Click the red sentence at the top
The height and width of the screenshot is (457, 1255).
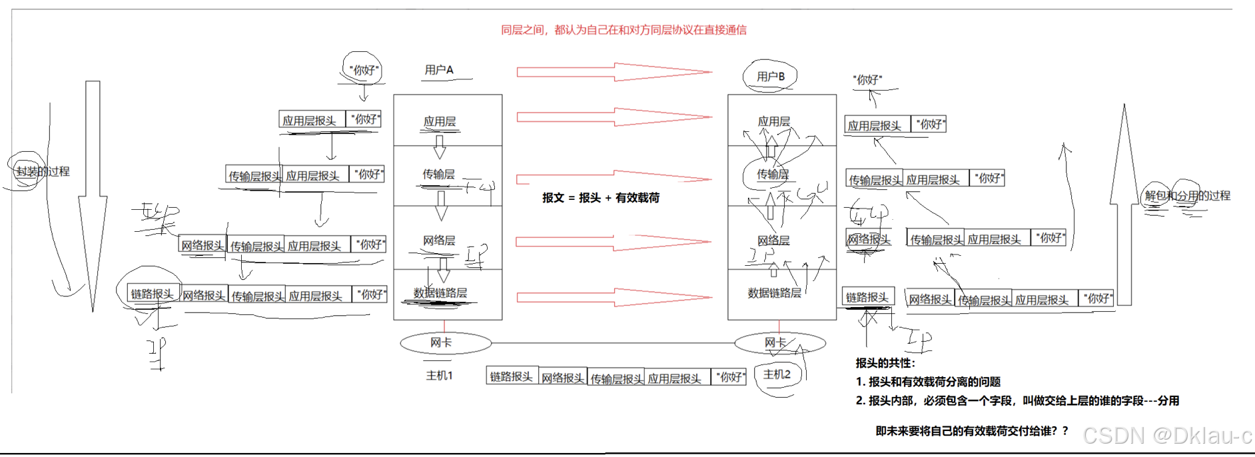click(x=624, y=30)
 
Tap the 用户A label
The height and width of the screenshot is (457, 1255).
click(x=439, y=70)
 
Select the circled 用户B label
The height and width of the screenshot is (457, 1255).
click(x=771, y=77)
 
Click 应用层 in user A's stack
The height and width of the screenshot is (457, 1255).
click(x=440, y=121)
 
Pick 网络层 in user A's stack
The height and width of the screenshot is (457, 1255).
click(x=439, y=240)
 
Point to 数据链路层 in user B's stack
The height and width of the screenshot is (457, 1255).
click(x=774, y=293)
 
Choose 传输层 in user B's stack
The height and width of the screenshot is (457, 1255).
click(x=773, y=175)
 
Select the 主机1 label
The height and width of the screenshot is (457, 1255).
click(x=440, y=376)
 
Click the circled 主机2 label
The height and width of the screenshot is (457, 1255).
click(x=777, y=374)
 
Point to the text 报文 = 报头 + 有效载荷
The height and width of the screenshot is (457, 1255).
click(x=601, y=198)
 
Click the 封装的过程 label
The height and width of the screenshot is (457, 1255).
click(x=43, y=171)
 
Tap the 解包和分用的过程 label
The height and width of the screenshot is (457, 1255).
click(x=1187, y=196)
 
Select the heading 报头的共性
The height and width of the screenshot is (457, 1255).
click(x=885, y=363)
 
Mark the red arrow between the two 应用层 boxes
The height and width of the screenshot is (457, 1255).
click(x=614, y=117)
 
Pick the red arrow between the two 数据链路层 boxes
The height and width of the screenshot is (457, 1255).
click(x=614, y=297)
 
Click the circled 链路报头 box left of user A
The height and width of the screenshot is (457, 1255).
click(x=152, y=294)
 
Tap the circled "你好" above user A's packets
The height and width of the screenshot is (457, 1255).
click(x=364, y=70)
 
